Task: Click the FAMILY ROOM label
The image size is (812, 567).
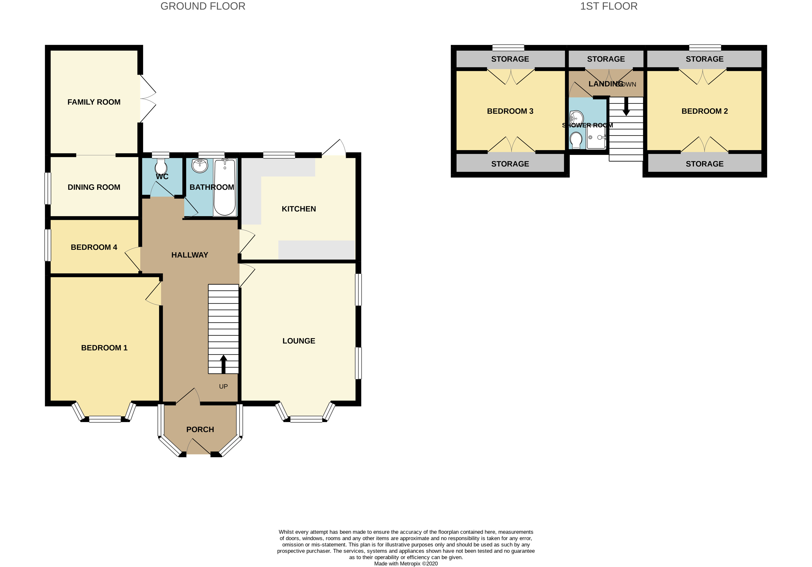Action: tap(94, 102)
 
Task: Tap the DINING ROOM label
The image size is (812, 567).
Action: tap(94, 187)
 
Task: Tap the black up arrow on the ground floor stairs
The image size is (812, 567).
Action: tap(223, 364)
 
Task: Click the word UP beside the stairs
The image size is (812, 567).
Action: tap(223, 386)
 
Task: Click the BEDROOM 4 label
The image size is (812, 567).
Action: tap(94, 247)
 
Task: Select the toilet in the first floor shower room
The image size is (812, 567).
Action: tap(576, 140)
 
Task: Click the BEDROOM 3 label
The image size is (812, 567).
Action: tap(510, 111)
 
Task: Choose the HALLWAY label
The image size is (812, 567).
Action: tap(190, 255)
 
